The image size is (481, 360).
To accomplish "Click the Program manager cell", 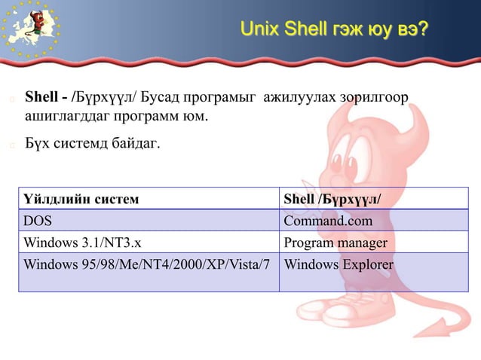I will pos(335,243).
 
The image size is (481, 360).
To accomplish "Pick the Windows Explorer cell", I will pos(339,265).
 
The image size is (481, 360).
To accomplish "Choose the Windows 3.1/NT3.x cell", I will pos(81,243).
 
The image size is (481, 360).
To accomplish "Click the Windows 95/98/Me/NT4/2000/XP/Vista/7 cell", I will pos(147,265).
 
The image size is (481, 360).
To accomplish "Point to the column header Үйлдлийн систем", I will pos(81,199).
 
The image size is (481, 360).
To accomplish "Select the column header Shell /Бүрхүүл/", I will pos(332,199).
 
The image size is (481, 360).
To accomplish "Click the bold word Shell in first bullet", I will pos(42,97).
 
